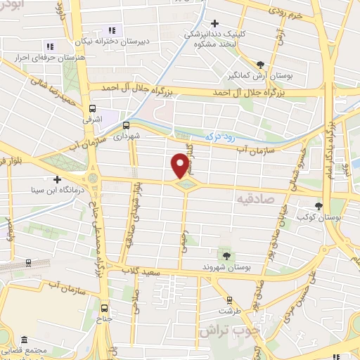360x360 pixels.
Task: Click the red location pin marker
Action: tap(180, 165)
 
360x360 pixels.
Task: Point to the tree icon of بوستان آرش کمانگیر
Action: tap(261, 64)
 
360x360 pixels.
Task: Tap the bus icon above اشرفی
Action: tap(92, 108)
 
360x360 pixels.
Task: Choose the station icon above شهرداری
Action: tap(126, 125)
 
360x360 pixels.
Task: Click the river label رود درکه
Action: tap(213, 136)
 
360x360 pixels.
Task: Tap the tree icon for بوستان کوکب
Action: tap(319, 207)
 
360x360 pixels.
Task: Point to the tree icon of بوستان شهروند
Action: tap(226, 256)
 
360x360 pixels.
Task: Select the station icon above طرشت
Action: tap(225, 298)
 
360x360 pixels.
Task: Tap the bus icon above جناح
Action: tap(105, 307)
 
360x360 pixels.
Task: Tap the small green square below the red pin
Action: tap(186, 185)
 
